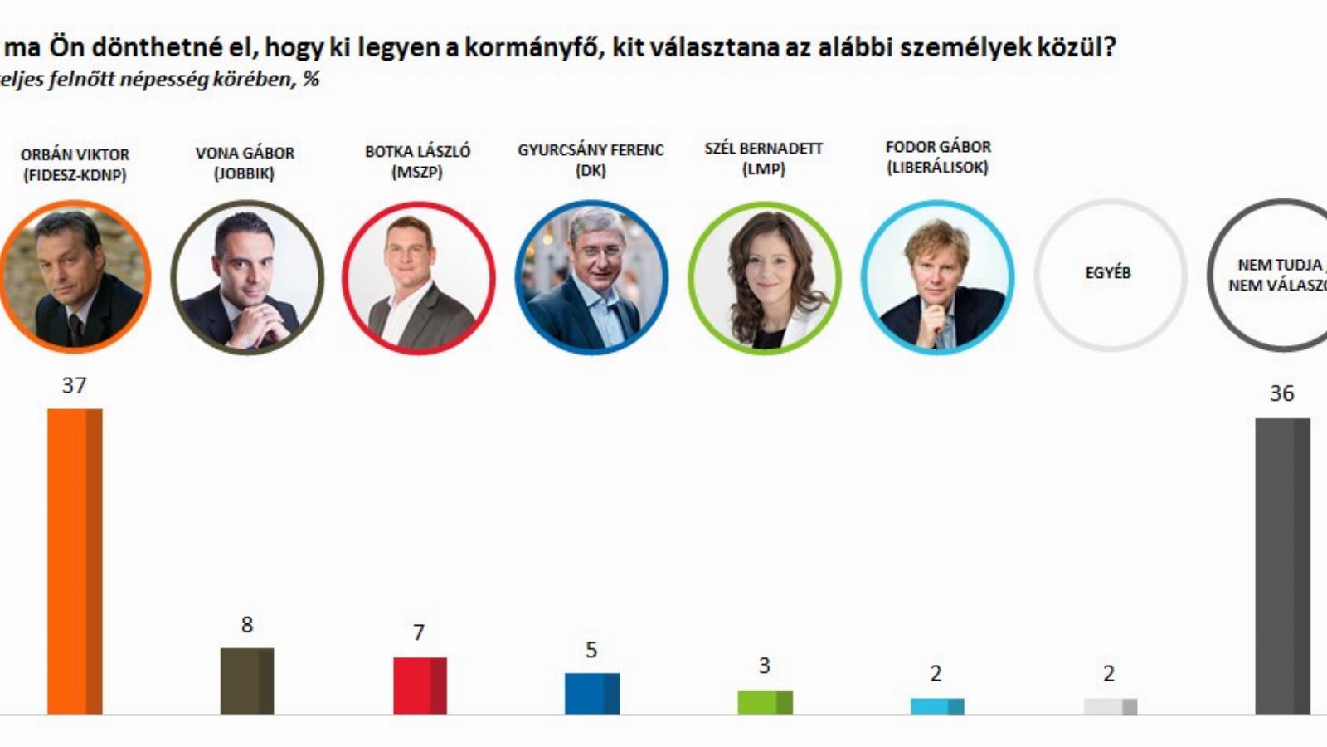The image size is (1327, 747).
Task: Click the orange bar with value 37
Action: coord(75,561)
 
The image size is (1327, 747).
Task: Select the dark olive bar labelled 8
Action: coord(247,681)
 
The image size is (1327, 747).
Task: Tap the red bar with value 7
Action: coord(420,686)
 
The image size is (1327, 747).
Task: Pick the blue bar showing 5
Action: coord(592,693)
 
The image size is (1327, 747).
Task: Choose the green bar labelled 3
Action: coord(765,702)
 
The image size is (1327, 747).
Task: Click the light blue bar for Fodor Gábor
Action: coord(937,706)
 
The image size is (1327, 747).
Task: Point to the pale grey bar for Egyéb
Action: coord(1110,706)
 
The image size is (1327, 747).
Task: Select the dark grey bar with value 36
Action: coord(1282,566)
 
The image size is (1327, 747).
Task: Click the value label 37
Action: coord(74,385)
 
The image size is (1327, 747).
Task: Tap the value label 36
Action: coord(1281,393)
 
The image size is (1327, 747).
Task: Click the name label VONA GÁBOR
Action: coord(245,154)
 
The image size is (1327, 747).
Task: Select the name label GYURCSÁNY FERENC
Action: coord(591,150)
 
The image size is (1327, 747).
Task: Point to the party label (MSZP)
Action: coord(417,172)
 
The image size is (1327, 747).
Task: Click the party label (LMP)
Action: coord(763,168)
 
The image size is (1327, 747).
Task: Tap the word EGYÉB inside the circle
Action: coord(1108,272)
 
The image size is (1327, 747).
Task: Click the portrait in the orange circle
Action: coord(75,277)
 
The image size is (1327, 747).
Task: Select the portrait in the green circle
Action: coord(764,277)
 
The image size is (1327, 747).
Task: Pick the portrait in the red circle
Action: coord(418,277)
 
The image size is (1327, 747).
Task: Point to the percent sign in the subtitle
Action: coord(311,80)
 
